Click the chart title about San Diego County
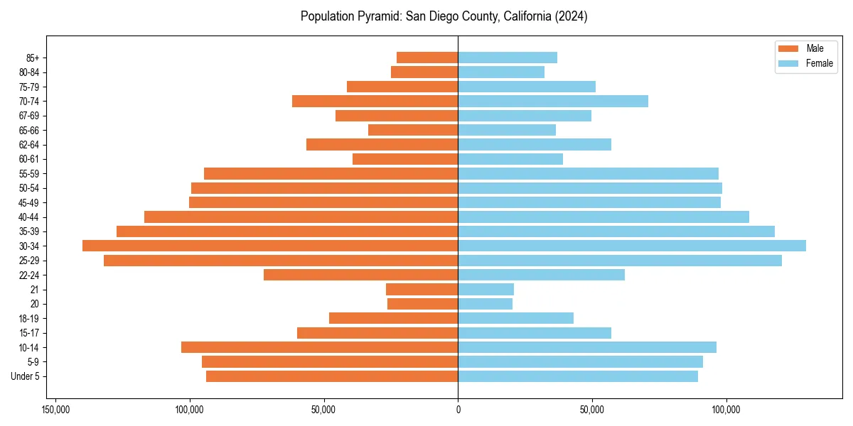click(x=444, y=16)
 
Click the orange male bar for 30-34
click(x=270, y=246)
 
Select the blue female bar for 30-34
click(x=631, y=246)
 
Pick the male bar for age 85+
click(x=427, y=58)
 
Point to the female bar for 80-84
click(x=501, y=72)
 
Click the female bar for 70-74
click(x=553, y=101)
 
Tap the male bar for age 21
click(x=422, y=289)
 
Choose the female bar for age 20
click(x=485, y=304)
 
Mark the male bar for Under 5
click(x=332, y=376)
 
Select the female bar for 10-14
click(x=587, y=347)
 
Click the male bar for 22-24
click(x=360, y=275)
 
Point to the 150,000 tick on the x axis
click(x=55, y=410)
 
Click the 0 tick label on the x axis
click(x=458, y=410)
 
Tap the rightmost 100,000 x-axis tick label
click(x=726, y=410)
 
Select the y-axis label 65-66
click(x=29, y=130)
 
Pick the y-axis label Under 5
click(x=25, y=376)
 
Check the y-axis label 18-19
click(x=29, y=318)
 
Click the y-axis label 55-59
click(x=29, y=173)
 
